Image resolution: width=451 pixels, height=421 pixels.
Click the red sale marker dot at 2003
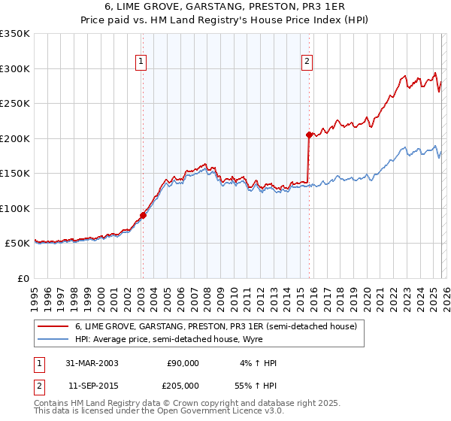(143, 215)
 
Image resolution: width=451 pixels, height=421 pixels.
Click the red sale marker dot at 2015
(309, 135)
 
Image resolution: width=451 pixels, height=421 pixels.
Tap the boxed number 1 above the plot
(142, 62)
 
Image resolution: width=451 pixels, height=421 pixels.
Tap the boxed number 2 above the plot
(308, 62)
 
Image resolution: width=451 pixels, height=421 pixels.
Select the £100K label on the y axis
(15, 208)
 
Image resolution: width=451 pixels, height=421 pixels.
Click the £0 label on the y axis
(23, 278)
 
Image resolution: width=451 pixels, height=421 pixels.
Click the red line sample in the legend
(53, 326)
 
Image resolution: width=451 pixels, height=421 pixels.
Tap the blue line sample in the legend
(53, 339)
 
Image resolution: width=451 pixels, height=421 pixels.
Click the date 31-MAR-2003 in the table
(91, 363)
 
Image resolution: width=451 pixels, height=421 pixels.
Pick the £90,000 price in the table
(183, 363)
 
